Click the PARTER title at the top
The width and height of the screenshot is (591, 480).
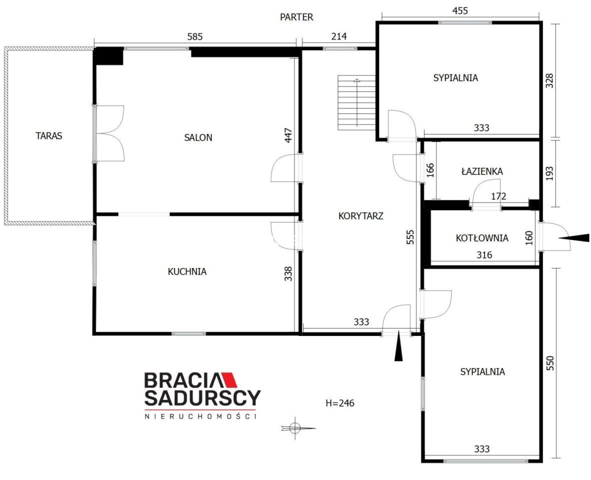click(x=296, y=17)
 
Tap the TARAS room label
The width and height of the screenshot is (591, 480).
click(x=49, y=135)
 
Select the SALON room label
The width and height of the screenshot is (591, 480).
click(x=198, y=137)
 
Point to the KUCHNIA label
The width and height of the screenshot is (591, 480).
click(x=187, y=271)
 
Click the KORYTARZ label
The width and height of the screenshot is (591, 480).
click(x=361, y=216)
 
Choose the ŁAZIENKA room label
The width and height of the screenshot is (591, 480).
click(x=482, y=171)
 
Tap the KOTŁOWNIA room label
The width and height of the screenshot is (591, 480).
click(x=482, y=238)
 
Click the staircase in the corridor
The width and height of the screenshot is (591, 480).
click(x=357, y=102)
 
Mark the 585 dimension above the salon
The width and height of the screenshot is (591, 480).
click(x=195, y=36)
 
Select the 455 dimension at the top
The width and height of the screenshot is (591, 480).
click(x=460, y=10)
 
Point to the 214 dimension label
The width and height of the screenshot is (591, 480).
click(x=339, y=36)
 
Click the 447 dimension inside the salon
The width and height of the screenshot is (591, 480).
click(x=288, y=135)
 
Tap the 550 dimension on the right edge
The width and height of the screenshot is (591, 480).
click(x=550, y=363)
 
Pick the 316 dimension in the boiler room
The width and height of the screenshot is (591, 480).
click(x=484, y=255)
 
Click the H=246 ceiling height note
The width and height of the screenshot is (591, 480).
click(x=340, y=403)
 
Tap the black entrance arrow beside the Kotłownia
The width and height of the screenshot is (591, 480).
click(x=573, y=238)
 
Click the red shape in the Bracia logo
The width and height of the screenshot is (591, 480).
click(x=228, y=380)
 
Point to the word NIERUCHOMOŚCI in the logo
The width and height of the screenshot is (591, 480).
click(x=201, y=416)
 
